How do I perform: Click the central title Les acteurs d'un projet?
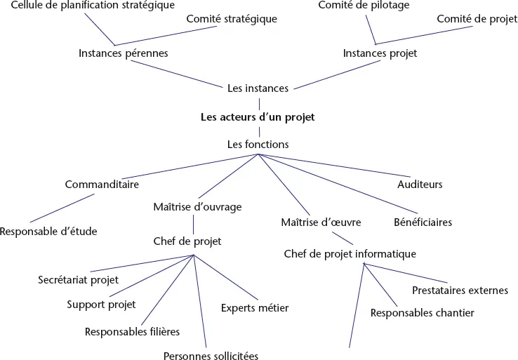(258, 117)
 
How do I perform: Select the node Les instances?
(258, 88)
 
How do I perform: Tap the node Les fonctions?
(258, 144)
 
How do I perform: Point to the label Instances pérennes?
(123, 53)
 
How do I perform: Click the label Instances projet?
(380, 53)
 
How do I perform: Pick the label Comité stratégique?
(232, 19)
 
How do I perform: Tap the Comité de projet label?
(477, 19)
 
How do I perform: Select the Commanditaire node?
(102, 185)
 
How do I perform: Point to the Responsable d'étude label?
(48, 231)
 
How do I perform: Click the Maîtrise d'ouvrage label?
(197, 207)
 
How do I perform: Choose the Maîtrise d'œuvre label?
(321, 222)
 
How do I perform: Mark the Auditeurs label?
(420, 185)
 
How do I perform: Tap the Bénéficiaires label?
(423, 222)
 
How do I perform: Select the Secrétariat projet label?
(78, 279)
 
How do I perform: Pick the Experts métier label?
(255, 307)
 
